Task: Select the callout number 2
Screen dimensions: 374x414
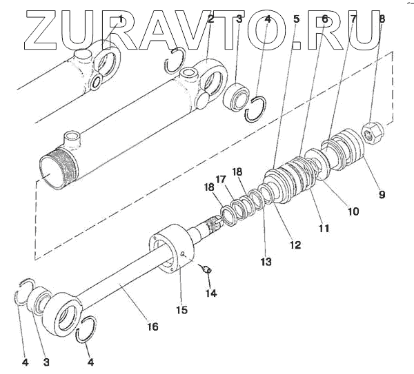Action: [210, 19]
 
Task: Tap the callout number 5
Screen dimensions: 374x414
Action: [296, 19]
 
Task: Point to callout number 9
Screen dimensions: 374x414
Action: [381, 194]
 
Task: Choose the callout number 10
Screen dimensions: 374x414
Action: [353, 211]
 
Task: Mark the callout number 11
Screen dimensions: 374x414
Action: [324, 227]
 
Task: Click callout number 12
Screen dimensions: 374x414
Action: [295, 244]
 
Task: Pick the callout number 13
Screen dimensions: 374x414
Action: [266, 262]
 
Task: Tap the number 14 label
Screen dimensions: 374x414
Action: [210, 293]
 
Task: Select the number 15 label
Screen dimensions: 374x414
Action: [181, 310]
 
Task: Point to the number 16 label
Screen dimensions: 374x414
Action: [152, 326]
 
